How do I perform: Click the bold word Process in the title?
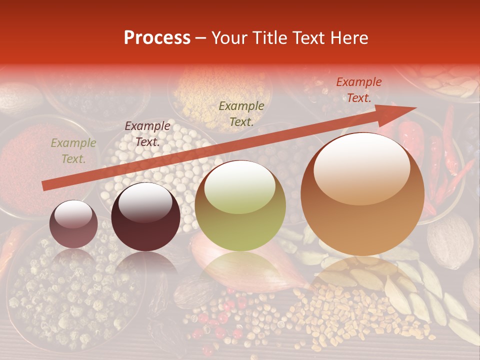point(157,38)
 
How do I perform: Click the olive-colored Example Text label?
point(73,151)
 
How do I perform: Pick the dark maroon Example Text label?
point(147,134)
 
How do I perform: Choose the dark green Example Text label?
point(241,113)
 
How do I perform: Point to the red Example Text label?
point(358,90)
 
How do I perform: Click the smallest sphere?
point(73,224)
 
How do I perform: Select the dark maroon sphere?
point(145,217)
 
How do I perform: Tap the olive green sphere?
point(240,206)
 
